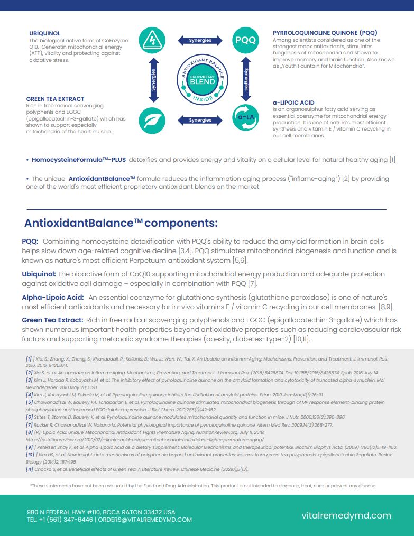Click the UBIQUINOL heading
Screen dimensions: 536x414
tap(45, 33)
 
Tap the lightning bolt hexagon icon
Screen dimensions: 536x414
tap(152, 40)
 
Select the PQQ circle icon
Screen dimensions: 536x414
tap(245, 40)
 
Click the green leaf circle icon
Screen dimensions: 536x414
tap(152, 120)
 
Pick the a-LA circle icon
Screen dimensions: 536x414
tap(245, 119)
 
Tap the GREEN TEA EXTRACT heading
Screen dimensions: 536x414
tap(55, 99)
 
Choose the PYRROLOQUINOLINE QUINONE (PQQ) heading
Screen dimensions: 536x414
tap(325, 33)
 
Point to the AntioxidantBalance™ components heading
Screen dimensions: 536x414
tap(121, 223)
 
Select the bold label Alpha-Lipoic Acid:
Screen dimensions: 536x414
tap(53, 298)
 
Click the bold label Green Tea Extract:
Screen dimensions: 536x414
tap(52, 320)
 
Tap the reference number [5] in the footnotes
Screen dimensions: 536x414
tap(29, 402)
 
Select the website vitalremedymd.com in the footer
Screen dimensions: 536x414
tap(346, 515)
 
